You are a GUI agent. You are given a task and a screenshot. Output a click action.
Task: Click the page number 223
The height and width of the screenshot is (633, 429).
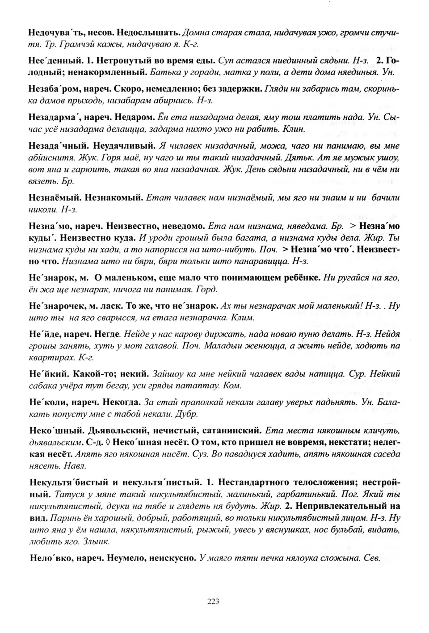click(213, 601)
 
